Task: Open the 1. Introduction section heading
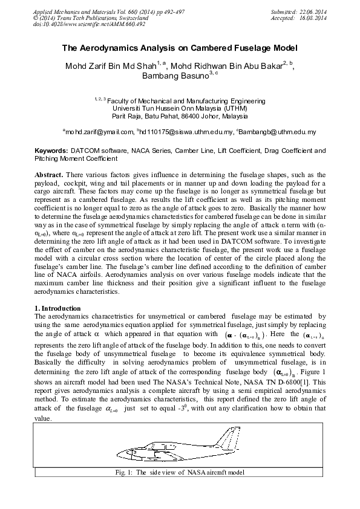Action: [60, 308]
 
